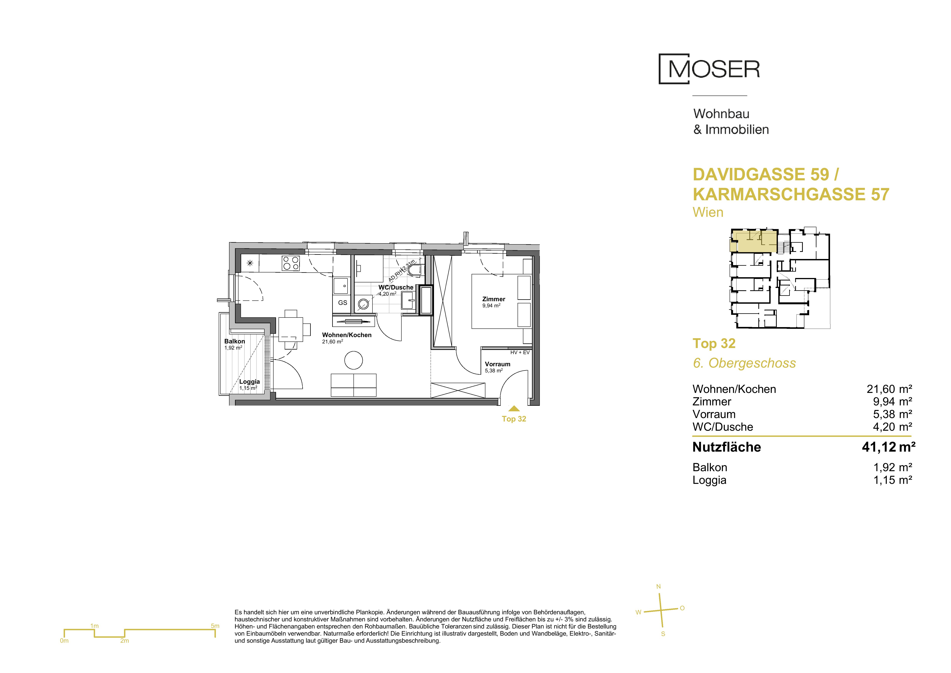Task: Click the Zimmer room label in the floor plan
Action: pos(494,299)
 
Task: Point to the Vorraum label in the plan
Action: pos(497,364)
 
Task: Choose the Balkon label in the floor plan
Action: pos(234,341)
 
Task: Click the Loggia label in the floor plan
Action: pos(249,382)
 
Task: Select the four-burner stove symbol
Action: pos(291,263)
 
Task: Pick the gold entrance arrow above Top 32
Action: pos(514,408)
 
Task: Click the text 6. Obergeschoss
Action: pos(744,363)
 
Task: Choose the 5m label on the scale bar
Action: pos(215,626)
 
